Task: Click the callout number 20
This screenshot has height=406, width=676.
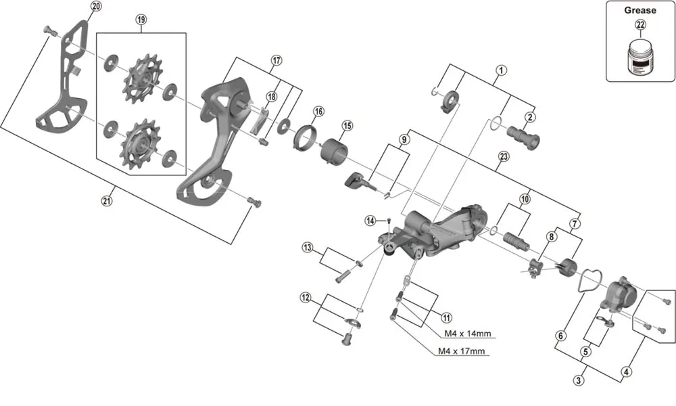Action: [x=95, y=6]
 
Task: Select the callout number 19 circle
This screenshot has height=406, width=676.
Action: [x=141, y=20]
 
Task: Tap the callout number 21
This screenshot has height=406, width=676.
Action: [x=106, y=200]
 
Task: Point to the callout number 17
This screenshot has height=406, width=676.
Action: [x=276, y=60]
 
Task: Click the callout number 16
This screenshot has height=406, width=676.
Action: [x=318, y=111]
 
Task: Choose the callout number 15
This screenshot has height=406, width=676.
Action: [x=347, y=126]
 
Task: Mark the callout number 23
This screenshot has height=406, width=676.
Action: [x=503, y=156]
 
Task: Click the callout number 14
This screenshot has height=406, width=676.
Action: [x=370, y=221]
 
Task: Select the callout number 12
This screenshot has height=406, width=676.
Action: [x=306, y=297]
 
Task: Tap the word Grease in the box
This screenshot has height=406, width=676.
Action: [x=639, y=10]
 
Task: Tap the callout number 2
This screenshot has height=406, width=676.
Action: [x=531, y=118]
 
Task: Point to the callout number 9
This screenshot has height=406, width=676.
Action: [x=404, y=140]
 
